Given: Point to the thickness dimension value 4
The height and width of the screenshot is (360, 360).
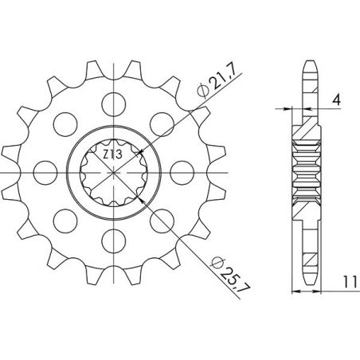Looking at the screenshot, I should tap(338, 100).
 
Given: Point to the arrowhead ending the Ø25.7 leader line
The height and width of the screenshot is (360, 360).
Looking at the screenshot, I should tap(142, 200).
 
